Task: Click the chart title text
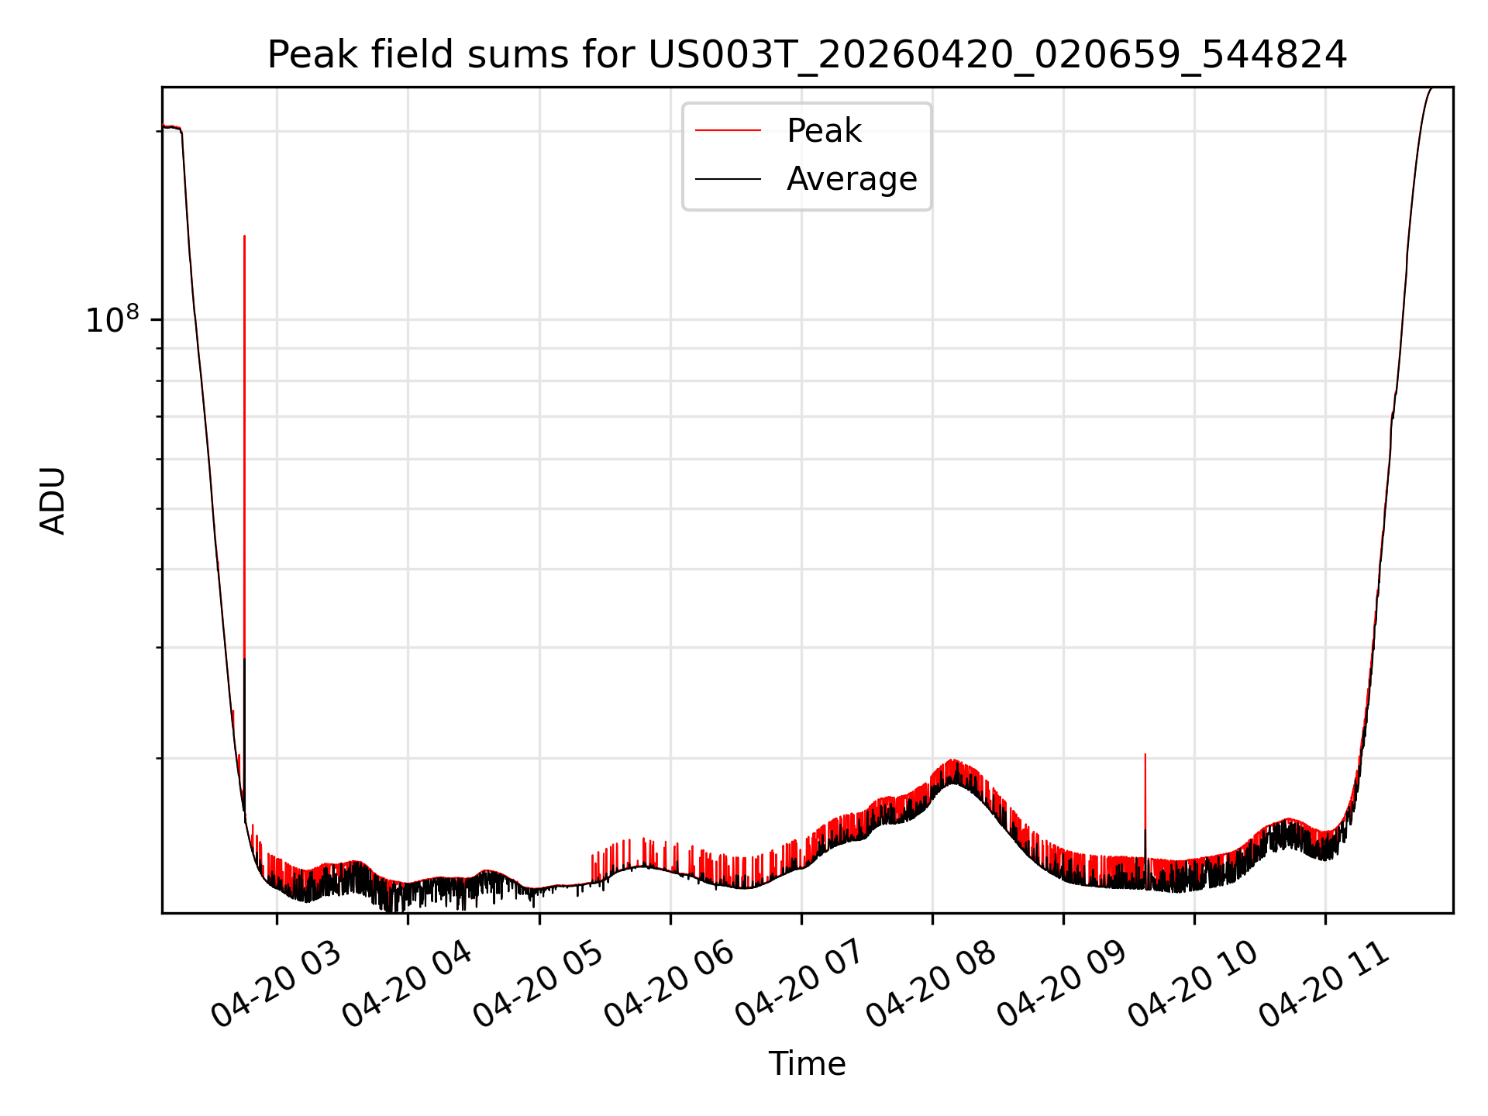pos(807,55)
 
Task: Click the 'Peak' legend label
pos(824,131)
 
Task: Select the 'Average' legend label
pos(852,179)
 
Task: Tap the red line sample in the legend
pos(728,131)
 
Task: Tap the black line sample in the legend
pos(728,179)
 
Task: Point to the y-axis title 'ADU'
pos(53,501)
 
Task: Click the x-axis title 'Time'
pos(807,1064)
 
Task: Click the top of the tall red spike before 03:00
pos(244,236)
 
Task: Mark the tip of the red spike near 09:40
pos(1145,753)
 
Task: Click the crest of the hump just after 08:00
pos(952,760)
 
